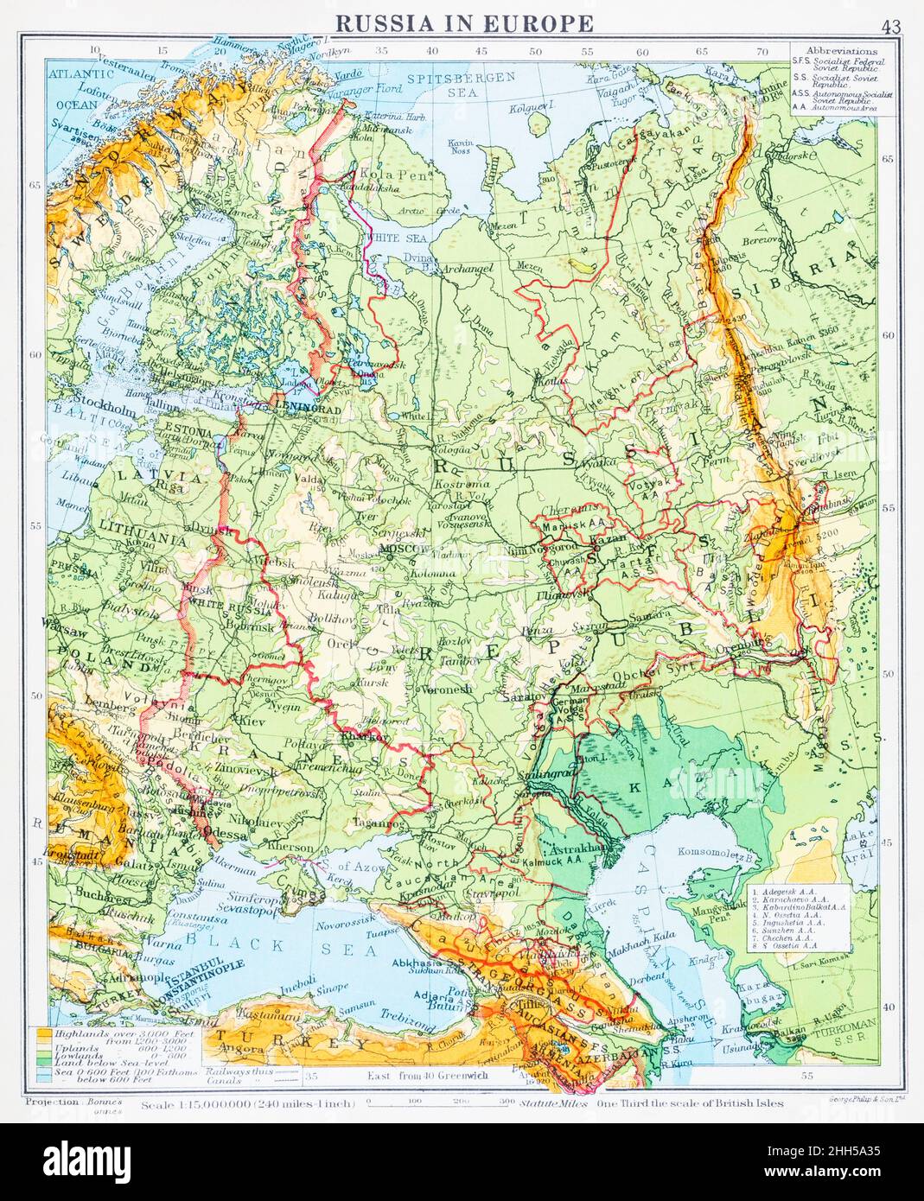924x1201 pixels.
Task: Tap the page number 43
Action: (890, 26)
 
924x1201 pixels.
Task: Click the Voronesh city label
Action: (447, 689)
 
